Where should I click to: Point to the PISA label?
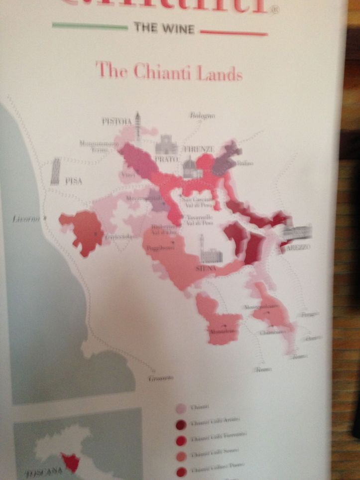pyautogui.click(x=73, y=181)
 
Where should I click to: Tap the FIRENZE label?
pyautogui.click(x=199, y=149)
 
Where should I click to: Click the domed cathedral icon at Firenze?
pyautogui.click(x=192, y=167)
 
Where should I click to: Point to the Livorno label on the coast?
pyautogui.click(x=26, y=219)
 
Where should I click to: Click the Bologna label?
pyautogui.click(x=202, y=116)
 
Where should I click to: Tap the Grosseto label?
pyautogui.click(x=160, y=378)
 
